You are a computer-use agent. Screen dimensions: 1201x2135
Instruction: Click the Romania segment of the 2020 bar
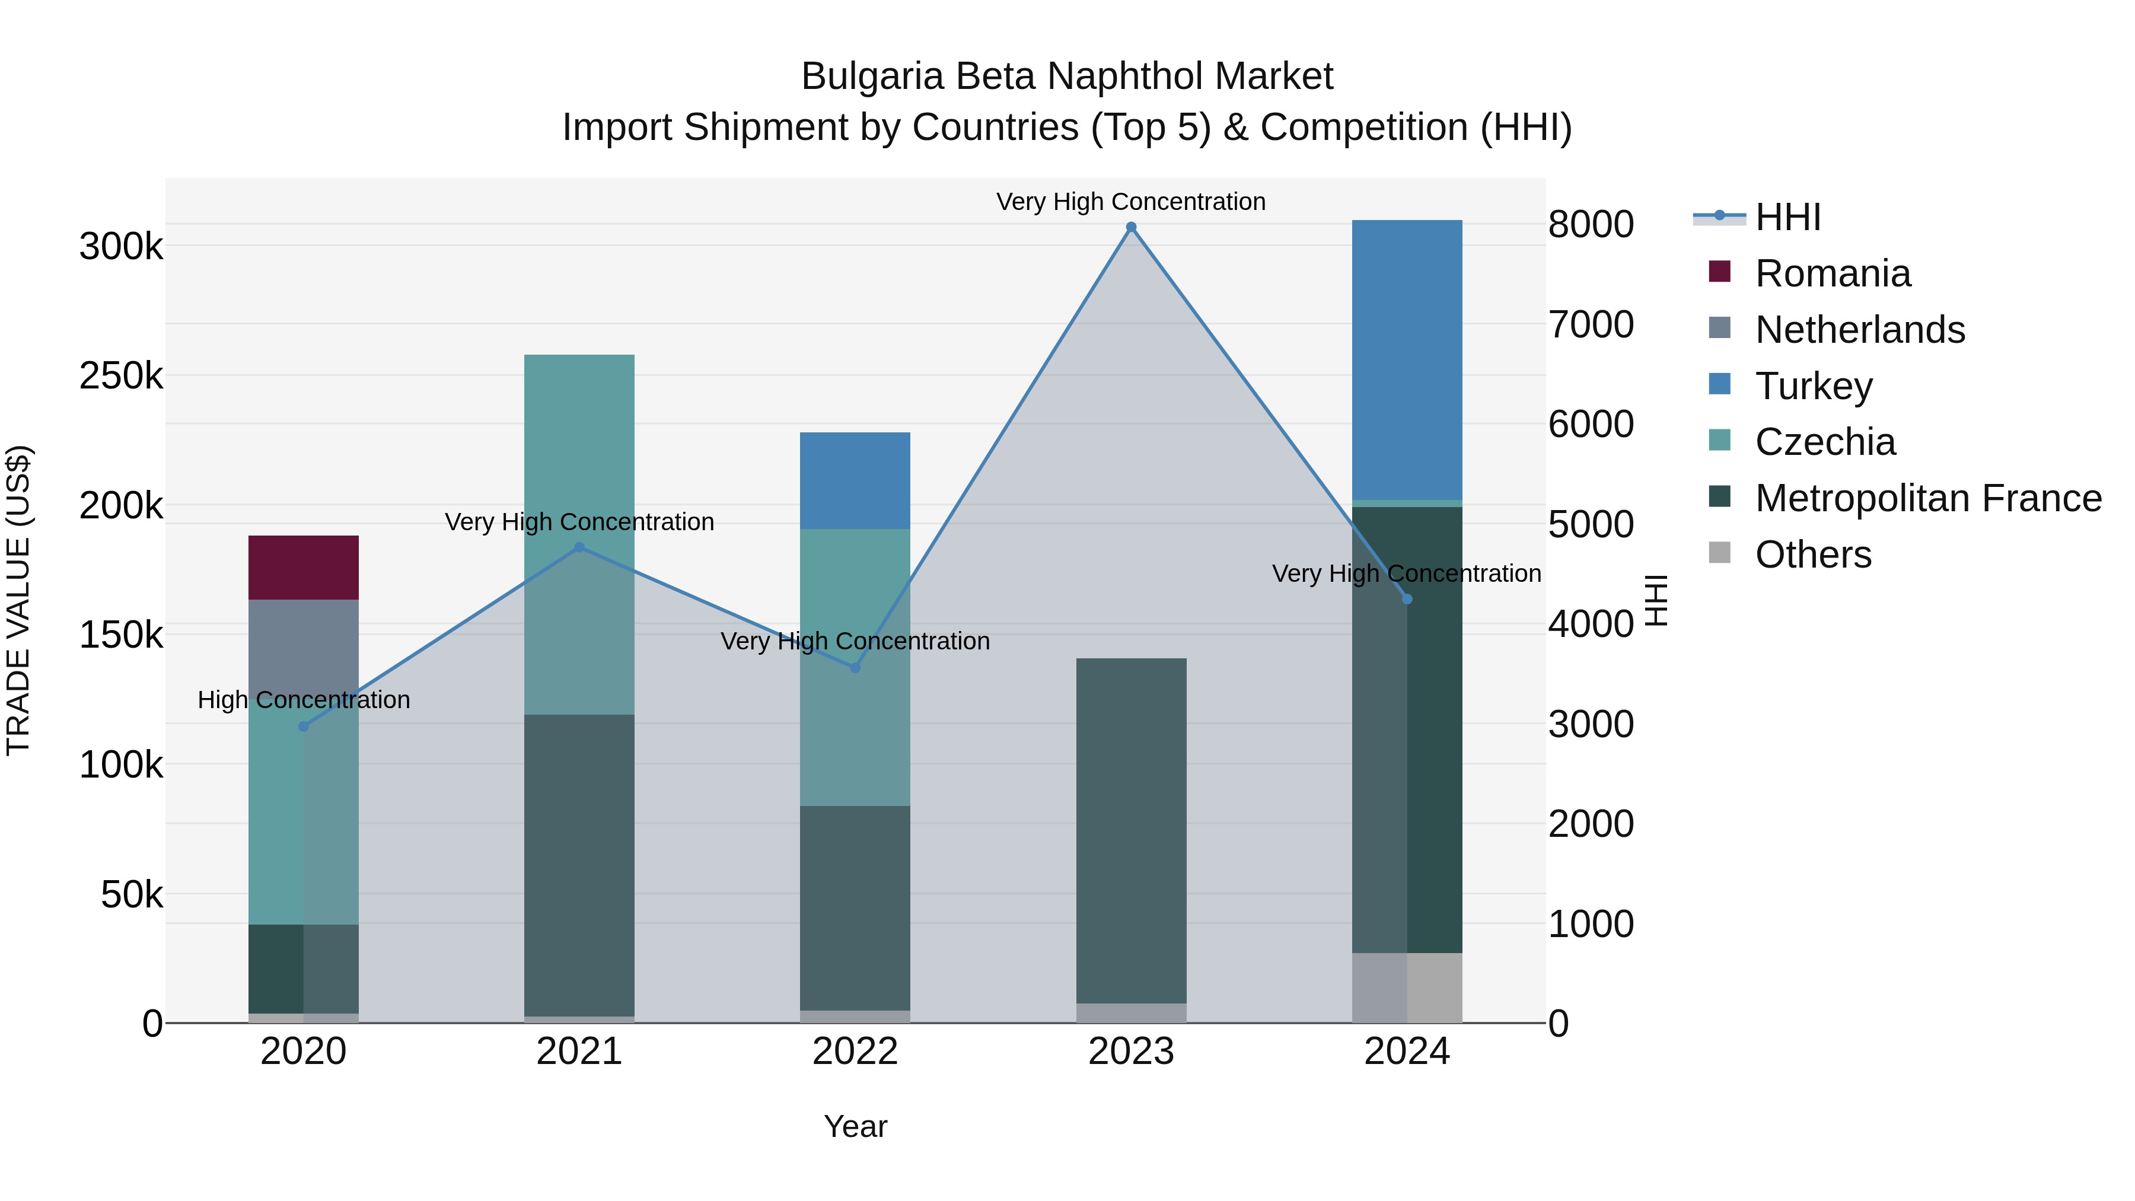pyautogui.click(x=303, y=567)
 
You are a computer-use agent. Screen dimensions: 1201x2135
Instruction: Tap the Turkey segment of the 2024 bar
pyautogui.click(x=1407, y=360)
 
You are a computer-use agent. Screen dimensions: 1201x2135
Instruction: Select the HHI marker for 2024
pyautogui.click(x=1407, y=599)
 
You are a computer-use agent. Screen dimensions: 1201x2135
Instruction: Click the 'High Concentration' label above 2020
pyautogui.click(x=303, y=700)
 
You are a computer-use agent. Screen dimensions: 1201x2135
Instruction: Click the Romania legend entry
pyautogui.click(x=1832, y=273)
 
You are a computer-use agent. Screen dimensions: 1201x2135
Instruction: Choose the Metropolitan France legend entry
pyautogui.click(x=1928, y=498)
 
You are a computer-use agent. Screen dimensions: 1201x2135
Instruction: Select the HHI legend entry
pyautogui.click(x=1787, y=217)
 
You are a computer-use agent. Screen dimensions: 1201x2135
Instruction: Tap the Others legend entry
pyautogui.click(x=1812, y=555)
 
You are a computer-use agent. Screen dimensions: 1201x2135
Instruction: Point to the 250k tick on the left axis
pyautogui.click(x=121, y=376)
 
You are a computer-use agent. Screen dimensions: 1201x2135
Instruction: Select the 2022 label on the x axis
pyautogui.click(x=855, y=1052)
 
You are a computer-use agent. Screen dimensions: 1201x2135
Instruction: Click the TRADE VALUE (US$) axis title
pyautogui.click(x=18, y=600)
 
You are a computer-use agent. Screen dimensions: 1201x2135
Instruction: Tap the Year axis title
pyautogui.click(x=855, y=1126)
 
